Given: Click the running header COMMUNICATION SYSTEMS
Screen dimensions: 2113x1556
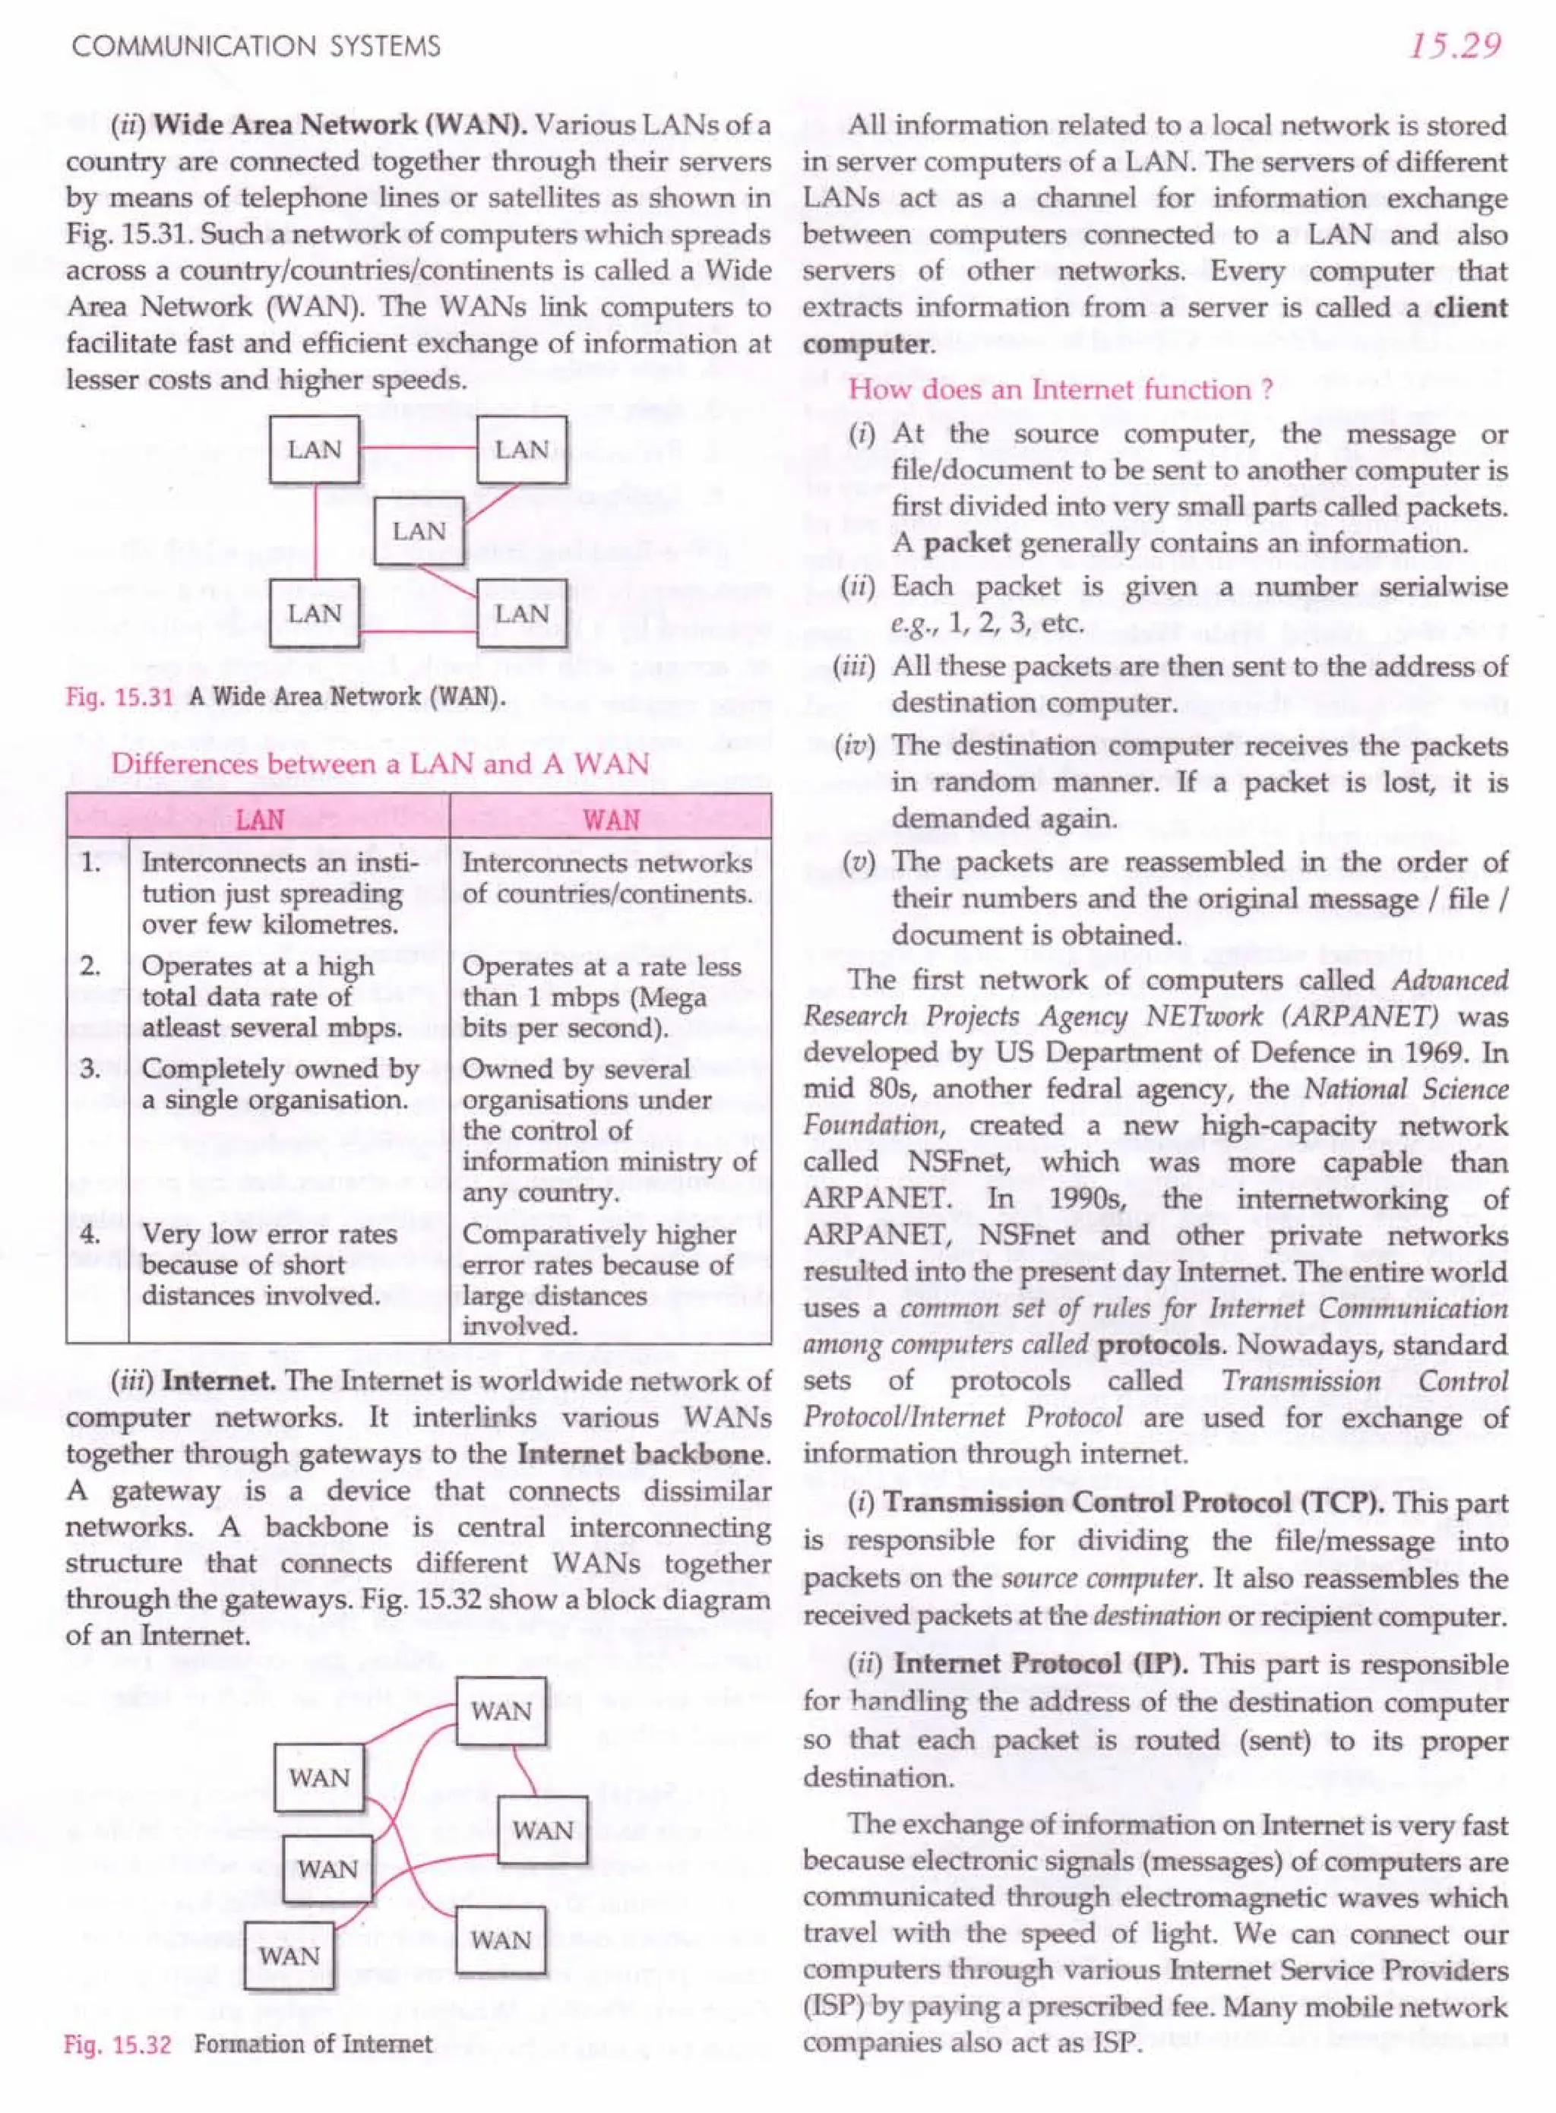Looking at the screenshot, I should coord(255,47).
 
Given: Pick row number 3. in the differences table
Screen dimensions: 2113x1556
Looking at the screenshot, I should coord(90,1070).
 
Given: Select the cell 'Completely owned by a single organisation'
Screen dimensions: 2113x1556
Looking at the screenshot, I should coord(280,1084).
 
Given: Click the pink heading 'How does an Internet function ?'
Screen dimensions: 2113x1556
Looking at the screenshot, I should coord(1061,389).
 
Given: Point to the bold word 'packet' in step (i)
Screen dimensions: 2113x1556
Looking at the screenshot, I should coord(966,543).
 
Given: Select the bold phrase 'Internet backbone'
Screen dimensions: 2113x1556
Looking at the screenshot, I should coord(644,1453).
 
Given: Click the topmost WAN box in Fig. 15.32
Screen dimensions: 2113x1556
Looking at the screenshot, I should coord(501,1711).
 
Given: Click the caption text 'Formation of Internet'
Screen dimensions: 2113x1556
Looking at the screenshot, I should coord(313,2043).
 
